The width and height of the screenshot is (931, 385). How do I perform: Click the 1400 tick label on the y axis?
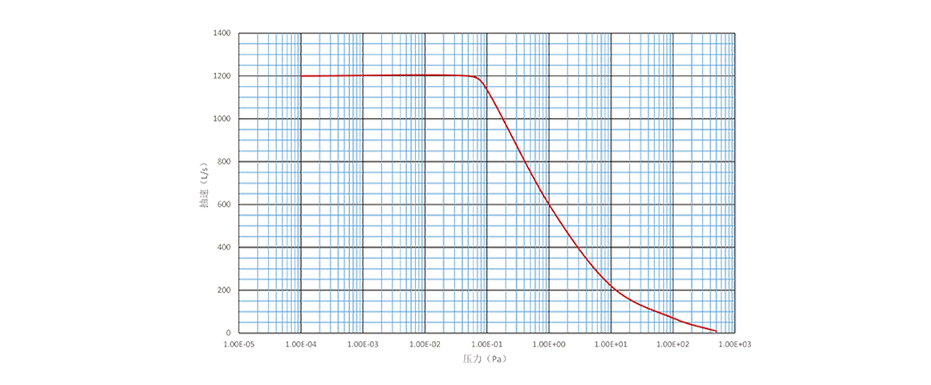click(222, 33)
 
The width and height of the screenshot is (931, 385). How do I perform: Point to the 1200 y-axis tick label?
click(222, 75)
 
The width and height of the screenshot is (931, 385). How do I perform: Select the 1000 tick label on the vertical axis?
click(222, 118)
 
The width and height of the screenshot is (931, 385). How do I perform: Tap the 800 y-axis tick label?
click(224, 161)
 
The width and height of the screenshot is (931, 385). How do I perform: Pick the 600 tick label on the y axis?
click(224, 204)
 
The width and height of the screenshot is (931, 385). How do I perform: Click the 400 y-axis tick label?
click(224, 246)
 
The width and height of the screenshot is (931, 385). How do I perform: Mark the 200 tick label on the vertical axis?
click(224, 289)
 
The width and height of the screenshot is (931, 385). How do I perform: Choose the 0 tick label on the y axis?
click(229, 331)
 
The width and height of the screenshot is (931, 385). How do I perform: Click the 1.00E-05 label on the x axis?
click(238, 343)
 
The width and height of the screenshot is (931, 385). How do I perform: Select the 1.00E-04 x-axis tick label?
click(301, 343)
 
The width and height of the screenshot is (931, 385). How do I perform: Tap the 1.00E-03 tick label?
click(363, 343)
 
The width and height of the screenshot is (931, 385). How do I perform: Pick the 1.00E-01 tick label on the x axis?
click(487, 343)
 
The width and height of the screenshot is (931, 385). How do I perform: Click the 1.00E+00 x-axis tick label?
click(549, 343)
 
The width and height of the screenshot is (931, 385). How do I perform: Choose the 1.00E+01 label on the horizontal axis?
click(612, 343)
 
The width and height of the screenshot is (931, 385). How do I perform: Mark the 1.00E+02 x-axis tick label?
click(673, 343)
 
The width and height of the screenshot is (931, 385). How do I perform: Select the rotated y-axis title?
click(205, 183)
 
